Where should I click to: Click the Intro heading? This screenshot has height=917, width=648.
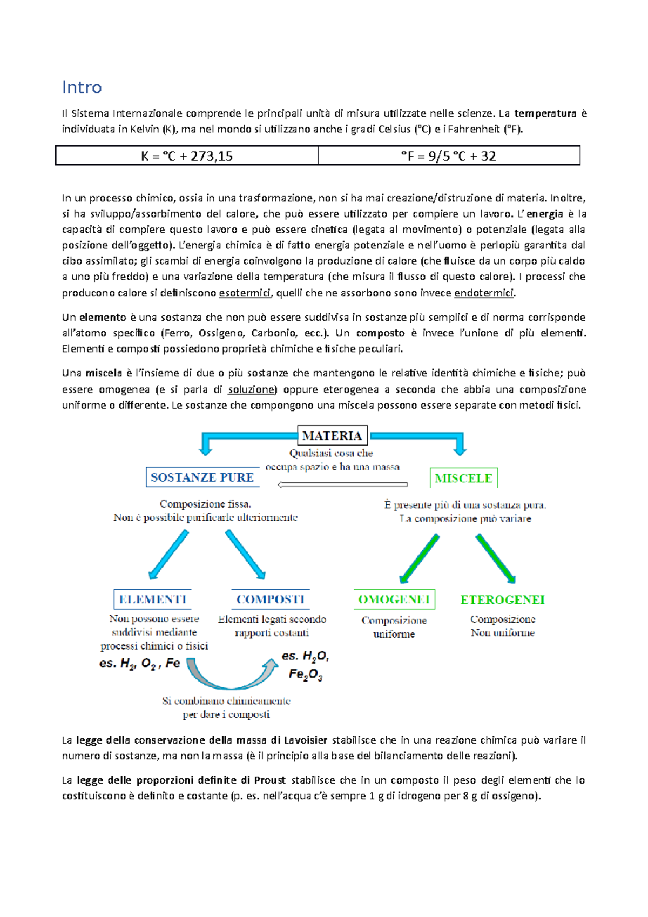coord(82,87)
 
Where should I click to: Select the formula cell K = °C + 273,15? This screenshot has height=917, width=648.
coord(187,156)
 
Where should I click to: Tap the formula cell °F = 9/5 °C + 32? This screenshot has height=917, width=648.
coord(449,156)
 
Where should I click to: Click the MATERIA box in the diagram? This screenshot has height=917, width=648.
coord(332,436)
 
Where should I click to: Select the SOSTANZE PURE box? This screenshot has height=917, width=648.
coord(202,477)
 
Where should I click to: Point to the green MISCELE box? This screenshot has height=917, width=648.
coord(463,478)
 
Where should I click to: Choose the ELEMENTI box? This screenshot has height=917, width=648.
coord(152,599)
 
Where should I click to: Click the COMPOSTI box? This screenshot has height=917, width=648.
coord(271,599)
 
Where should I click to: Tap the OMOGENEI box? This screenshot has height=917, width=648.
coord(394,599)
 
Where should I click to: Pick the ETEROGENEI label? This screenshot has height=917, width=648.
coord(502,600)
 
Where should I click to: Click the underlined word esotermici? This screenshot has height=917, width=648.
coord(245,293)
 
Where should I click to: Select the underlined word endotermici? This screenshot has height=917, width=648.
coord(484,293)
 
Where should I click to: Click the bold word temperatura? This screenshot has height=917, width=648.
coord(545,113)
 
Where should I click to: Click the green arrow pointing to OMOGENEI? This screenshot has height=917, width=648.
coord(419,558)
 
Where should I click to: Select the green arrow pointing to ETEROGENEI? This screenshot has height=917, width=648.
coord(496,558)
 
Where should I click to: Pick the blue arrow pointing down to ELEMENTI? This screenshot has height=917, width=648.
coord(168,555)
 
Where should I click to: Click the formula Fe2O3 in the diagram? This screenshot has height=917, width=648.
coord(306,675)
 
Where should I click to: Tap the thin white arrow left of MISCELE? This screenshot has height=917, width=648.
coord(342,484)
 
